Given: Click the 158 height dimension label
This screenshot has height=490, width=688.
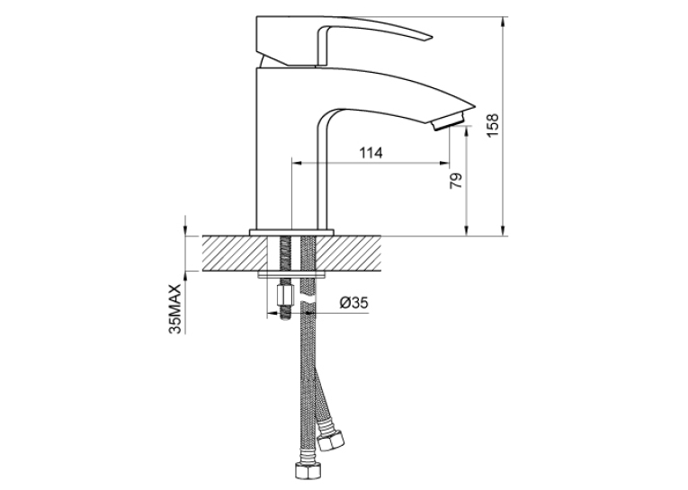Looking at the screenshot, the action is [493, 125].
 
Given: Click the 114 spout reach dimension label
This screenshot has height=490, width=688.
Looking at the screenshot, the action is [371, 153].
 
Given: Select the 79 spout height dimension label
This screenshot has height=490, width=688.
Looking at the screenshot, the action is [456, 181].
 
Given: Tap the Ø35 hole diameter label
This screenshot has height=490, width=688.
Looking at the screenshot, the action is [354, 303].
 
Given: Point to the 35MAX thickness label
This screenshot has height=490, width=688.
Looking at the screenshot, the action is [174, 308].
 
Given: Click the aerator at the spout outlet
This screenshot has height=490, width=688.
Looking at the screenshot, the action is [450, 121].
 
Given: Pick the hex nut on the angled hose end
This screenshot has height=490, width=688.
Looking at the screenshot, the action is [331, 439].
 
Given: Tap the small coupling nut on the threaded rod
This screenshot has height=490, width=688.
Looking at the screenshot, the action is [284, 297].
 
